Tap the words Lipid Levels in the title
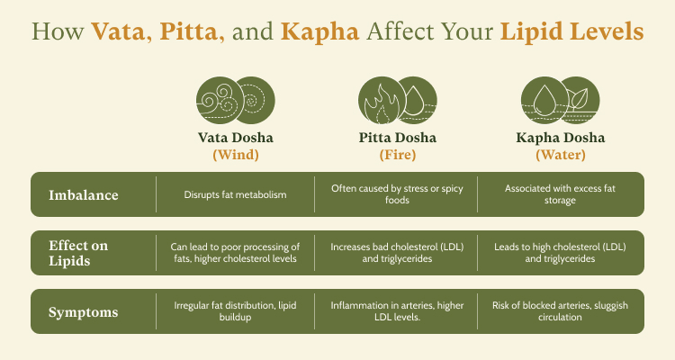point(571,31)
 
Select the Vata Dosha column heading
point(236,138)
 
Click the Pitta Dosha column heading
point(398,138)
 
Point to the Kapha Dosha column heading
point(561,138)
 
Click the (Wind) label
point(236,155)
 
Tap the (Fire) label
point(398,155)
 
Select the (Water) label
point(561,155)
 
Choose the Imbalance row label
point(84,195)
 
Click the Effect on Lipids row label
point(78,253)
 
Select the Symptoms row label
point(84,312)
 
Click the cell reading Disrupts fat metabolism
point(236,194)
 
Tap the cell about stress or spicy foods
point(397,194)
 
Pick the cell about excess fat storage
point(560,194)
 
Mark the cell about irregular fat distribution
point(235,311)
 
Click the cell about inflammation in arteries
point(397,311)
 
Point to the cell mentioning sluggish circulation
point(560,311)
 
